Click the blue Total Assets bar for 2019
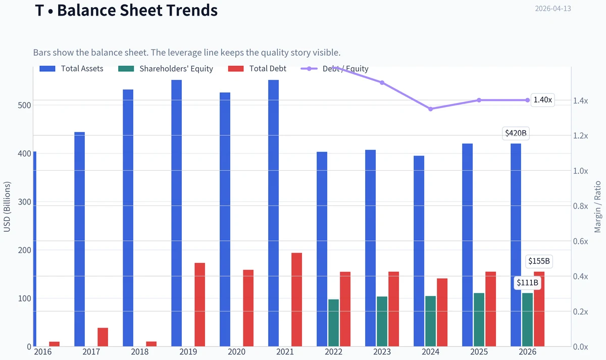pos(176,213)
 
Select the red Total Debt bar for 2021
pos(296,300)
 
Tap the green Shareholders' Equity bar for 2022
pos(334,323)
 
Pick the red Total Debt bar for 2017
pos(103,337)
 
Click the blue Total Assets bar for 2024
pos(419,251)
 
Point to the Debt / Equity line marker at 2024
pos(430,109)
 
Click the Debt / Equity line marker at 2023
pos(382,82)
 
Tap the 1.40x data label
pos(542,100)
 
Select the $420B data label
pos(516,133)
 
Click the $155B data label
pos(539,261)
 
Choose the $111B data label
pos(527,283)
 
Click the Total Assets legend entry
pos(71,69)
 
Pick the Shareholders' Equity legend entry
pos(166,69)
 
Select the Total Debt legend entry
pos(257,69)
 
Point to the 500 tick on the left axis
pos(24,105)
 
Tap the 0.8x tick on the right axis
pos(580,206)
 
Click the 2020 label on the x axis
pos(236,352)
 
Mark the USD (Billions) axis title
pos(7,207)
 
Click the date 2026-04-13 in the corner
pos(553,9)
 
